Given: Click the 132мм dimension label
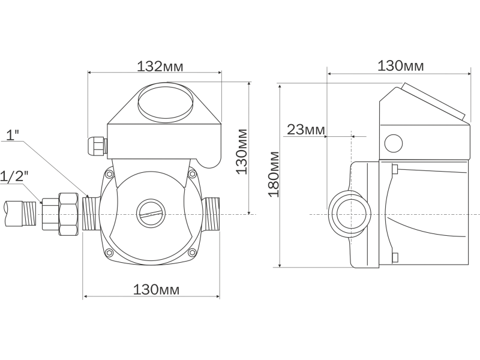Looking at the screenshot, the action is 160,66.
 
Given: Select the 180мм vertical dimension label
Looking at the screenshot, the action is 274,174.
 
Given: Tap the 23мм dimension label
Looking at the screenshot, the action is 305,130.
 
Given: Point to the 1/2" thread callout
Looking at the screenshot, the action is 14,176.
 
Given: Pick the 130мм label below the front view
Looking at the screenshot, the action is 156,290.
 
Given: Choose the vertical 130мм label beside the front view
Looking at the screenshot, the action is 242,152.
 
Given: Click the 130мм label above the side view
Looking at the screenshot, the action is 401,66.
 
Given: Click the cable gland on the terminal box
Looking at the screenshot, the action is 97,146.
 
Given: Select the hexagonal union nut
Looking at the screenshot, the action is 69,214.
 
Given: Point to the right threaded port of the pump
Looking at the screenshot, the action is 211,214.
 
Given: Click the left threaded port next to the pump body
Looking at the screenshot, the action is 92,214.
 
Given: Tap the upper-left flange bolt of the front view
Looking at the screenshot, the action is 109,175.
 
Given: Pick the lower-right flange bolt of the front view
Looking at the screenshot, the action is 192,253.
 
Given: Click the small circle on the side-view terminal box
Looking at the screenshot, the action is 394,143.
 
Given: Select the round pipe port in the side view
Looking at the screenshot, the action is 350,214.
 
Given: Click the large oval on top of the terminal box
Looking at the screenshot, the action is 166,103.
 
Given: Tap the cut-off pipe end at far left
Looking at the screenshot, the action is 14,214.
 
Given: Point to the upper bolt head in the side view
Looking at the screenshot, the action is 395,169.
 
